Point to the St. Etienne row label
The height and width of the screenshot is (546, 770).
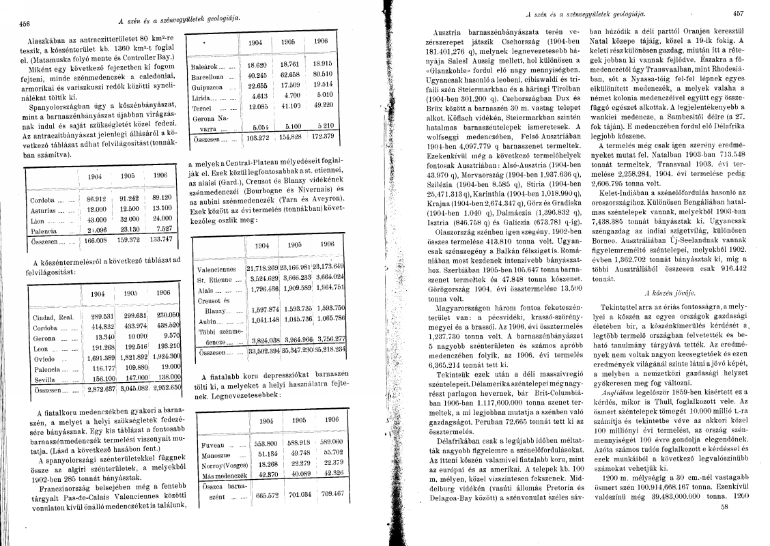pos(216,280)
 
